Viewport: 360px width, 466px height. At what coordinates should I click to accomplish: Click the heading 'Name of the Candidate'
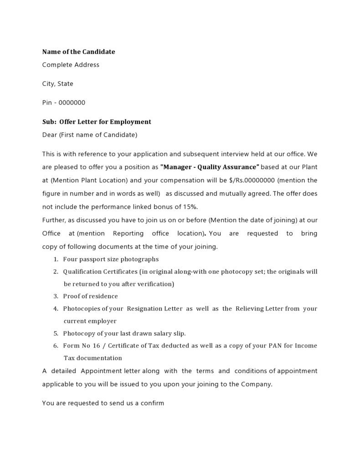click(78, 52)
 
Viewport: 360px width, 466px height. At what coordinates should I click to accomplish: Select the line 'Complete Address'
click(71, 65)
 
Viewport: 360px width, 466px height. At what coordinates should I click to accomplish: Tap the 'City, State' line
click(57, 84)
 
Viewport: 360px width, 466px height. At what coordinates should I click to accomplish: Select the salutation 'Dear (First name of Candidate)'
click(89, 135)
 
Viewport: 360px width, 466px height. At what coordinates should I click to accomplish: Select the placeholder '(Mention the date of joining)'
click(253, 220)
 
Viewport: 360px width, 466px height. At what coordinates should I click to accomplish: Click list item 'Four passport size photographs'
click(111, 259)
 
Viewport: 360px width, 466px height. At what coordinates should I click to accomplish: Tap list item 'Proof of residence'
click(90, 296)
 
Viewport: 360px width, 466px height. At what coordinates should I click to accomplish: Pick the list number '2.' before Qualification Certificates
click(55, 272)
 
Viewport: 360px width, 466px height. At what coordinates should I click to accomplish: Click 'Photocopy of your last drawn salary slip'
click(124, 333)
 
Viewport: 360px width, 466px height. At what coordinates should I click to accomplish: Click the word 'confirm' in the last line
click(153, 404)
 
